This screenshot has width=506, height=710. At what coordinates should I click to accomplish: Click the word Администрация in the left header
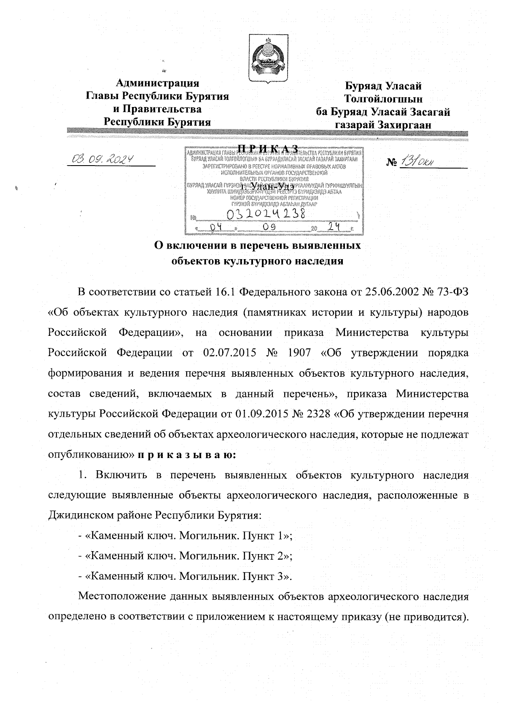pos(157,83)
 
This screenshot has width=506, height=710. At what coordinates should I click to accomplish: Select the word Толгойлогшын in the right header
pos(383,99)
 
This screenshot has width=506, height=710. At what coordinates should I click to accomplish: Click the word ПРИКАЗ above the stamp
pos(268,148)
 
